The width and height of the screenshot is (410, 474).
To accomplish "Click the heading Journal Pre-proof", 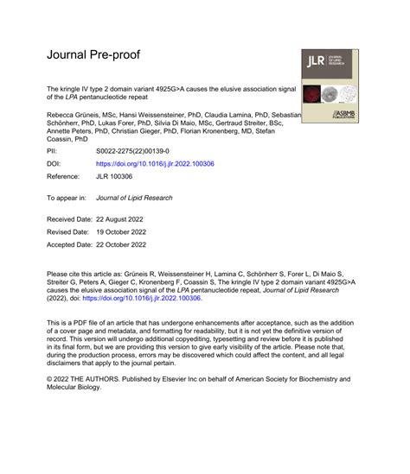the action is tap(93, 54).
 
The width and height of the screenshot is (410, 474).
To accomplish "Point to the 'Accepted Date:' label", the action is tap(74, 245).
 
